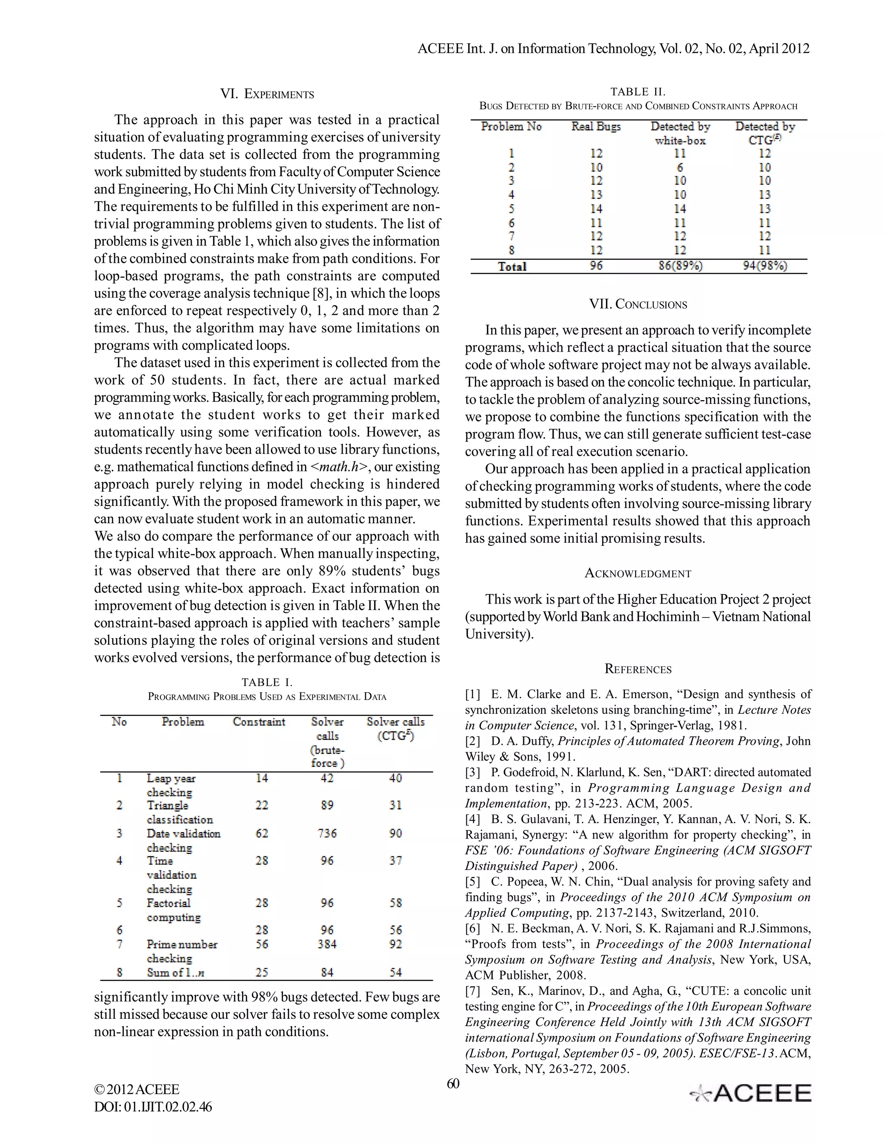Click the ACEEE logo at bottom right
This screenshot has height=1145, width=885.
pos(751,1093)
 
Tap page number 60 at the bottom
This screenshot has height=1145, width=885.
pos(452,1084)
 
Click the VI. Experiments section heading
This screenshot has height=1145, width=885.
pos(267,94)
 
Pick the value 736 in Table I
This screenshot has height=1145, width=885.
pos(327,833)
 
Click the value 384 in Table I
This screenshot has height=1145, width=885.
pos(327,944)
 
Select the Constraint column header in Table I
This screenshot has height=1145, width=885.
pos(259,722)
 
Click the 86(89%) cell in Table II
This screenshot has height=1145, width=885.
pos(680,266)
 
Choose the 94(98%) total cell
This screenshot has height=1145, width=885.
pos(764,266)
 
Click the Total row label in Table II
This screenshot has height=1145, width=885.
pos(512,266)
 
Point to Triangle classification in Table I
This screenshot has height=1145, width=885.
pos(179,812)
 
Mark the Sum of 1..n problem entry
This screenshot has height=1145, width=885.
pos(175,973)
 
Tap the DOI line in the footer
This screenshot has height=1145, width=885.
pos(153,1107)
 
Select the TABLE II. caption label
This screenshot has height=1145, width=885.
pos(637,92)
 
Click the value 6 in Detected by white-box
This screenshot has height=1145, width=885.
pos(680,167)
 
